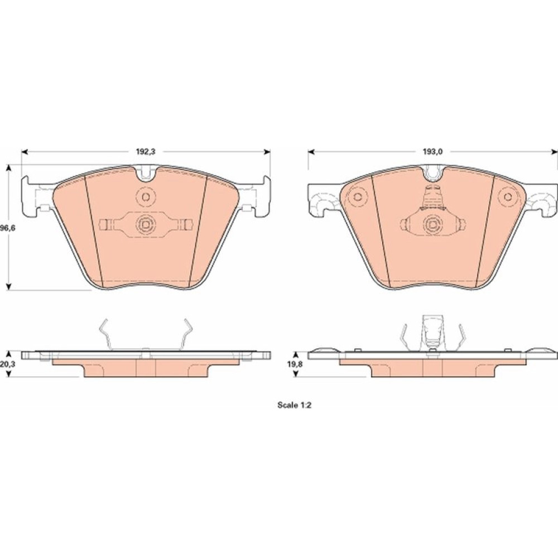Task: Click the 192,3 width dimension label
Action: coord(146,152)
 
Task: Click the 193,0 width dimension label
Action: coord(432,152)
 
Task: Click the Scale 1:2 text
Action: coord(294,405)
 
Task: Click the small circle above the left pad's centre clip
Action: coord(146,196)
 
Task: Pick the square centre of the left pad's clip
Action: coord(146,224)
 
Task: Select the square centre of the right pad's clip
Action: coord(432,224)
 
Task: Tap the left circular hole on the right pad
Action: coord(357,196)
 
